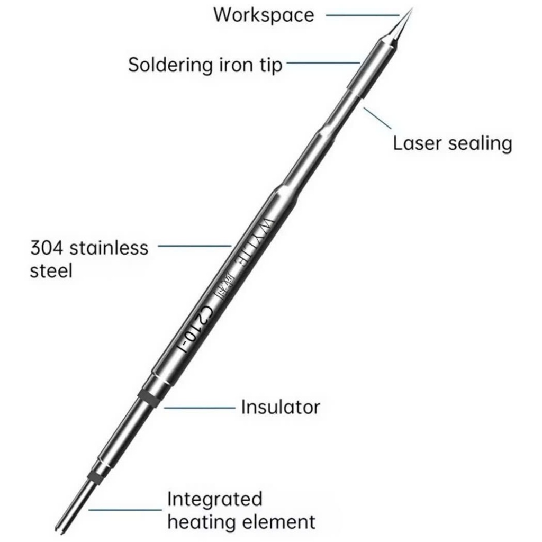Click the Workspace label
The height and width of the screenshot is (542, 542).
(x=263, y=15)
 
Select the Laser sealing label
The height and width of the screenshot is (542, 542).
(x=453, y=143)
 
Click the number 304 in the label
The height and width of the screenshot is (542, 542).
(x=47, y=247)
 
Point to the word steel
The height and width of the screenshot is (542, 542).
(x=51, y=270)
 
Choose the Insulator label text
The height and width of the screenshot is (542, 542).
(x=281, y=407)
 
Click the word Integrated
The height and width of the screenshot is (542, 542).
(x=214, y=500)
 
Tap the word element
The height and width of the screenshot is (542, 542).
(x=279, y=522)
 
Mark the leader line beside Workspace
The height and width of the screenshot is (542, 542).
(x=362, y=15)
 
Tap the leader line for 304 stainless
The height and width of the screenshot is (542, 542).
(x=194, y=246)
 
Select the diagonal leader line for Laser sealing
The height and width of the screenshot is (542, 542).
(x=377, y=118)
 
